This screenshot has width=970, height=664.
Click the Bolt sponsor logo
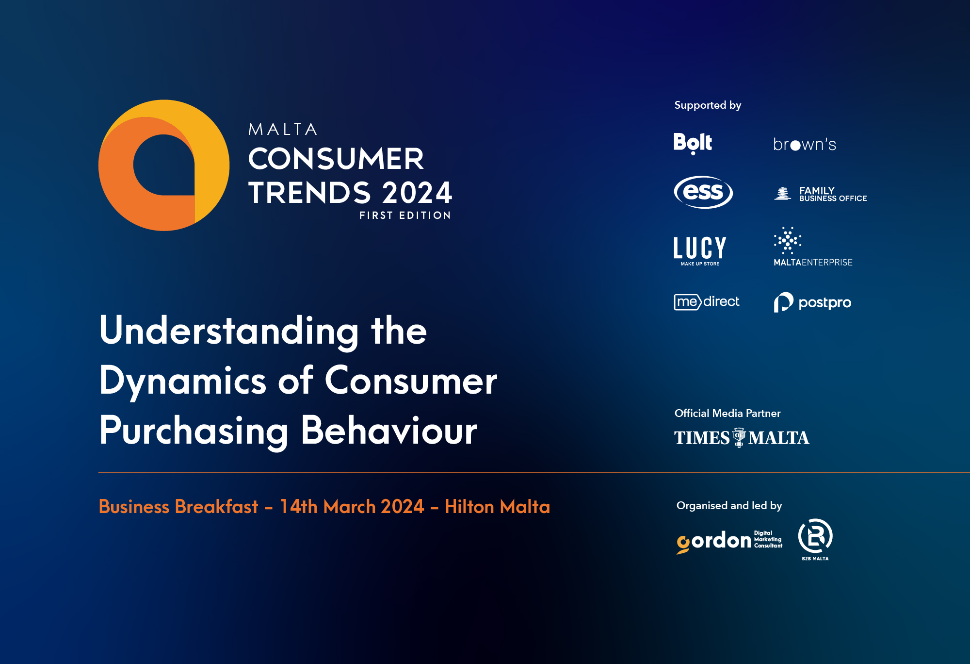point(693,143)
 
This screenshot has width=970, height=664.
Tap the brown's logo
point(805,144)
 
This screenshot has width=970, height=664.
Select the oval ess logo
point(703,192)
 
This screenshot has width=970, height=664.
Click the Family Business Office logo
point(820,194)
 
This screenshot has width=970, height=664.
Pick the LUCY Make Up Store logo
point(700,250)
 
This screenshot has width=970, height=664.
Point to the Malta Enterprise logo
point(812,247)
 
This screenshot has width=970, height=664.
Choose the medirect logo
point(707,302)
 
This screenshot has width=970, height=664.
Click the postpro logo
point(812,302)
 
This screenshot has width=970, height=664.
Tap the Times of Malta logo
point(742,438)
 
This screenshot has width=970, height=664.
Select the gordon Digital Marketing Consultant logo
point(729,541)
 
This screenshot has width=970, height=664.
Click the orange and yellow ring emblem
point(164,166)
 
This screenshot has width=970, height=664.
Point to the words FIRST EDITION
point(405,216)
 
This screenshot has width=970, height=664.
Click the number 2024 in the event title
point(417,193)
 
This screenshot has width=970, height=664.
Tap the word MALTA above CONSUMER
point(283,130)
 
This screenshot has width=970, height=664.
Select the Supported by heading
point(708,105)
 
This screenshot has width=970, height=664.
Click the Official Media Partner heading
point(727,414)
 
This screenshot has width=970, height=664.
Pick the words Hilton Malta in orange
point(497,507)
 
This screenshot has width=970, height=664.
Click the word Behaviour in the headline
point(389,431)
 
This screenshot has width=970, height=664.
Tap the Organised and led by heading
point(729,506)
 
